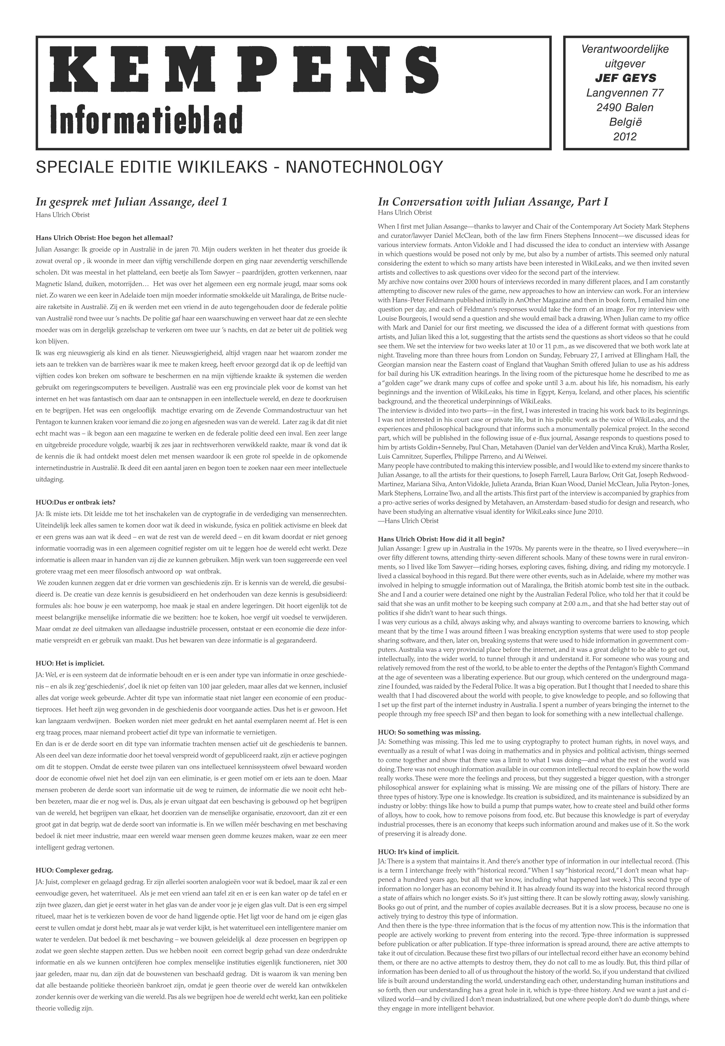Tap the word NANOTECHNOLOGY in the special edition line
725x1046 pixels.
(x=364, y=167)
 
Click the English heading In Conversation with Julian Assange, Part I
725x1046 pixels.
(x=493, y=202)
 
